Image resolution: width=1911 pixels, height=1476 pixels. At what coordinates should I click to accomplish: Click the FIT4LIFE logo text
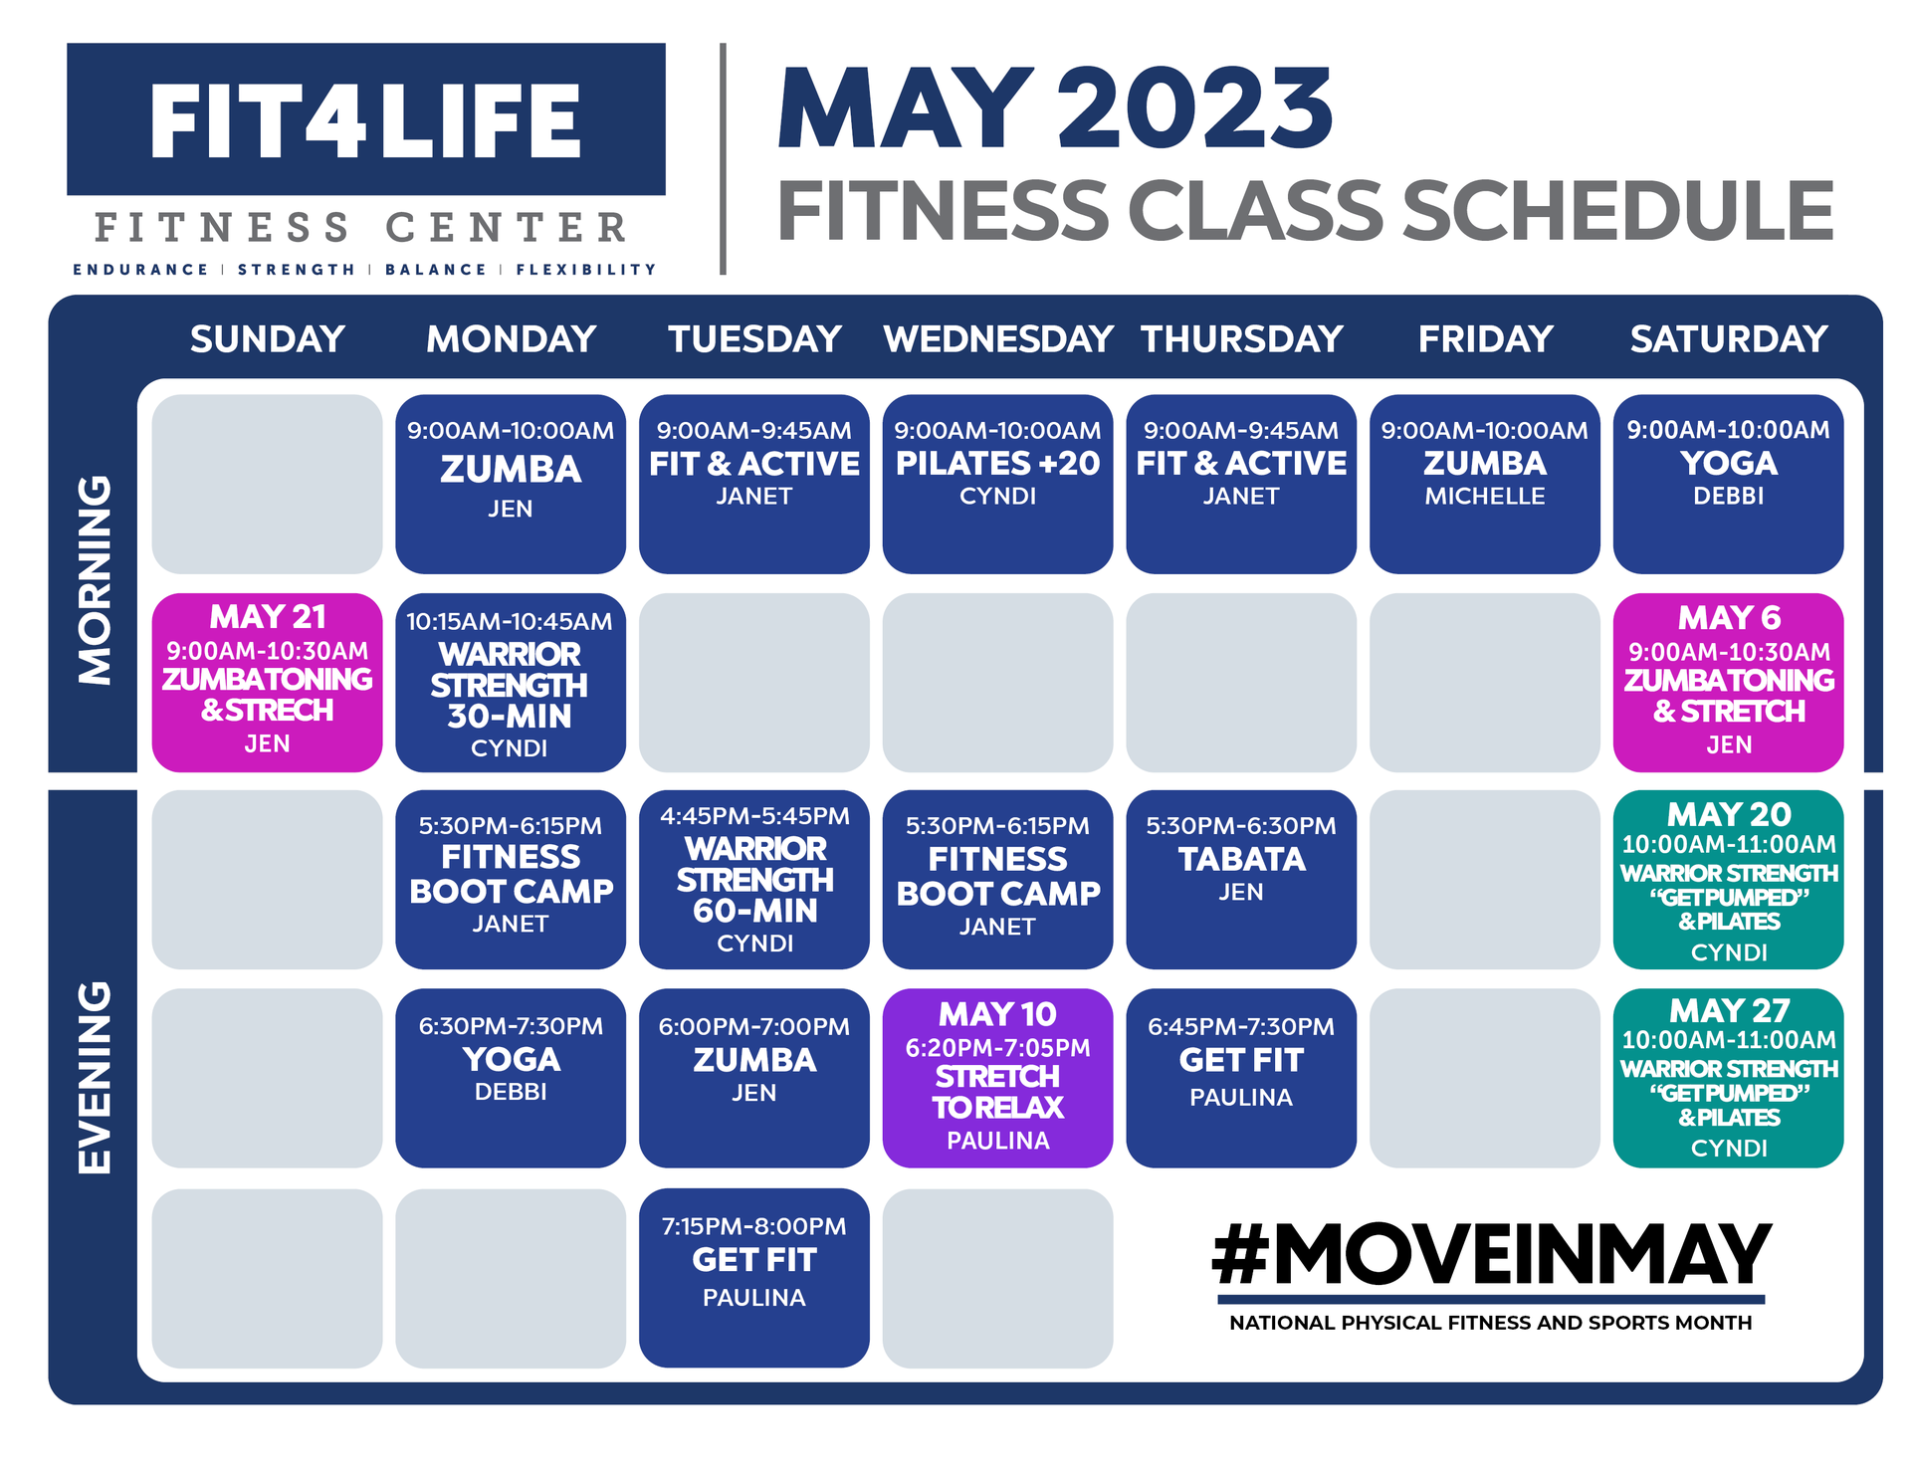click(365, 121)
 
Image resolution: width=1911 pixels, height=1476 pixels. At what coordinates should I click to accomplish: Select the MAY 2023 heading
click(1055, 108)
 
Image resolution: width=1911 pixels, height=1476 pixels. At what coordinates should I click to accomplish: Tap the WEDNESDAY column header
click(997, 339)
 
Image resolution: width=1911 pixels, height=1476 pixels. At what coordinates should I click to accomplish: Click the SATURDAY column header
click(1729, 339)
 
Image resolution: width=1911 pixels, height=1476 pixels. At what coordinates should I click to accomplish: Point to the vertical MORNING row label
click(96, 580)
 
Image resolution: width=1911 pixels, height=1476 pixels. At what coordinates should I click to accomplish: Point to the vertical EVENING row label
click(96, 1078)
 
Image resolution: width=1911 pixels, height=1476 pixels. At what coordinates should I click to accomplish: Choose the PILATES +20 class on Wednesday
click(997, 484)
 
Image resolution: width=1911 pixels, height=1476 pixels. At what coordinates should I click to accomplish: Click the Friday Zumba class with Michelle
click(1484, 484)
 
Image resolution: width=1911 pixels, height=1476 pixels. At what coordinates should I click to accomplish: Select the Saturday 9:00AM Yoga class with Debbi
click(1728, 484)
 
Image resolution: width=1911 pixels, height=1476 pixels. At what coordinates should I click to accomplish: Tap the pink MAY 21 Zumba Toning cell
click(267, 682)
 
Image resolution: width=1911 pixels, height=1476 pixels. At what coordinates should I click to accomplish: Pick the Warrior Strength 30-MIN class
click(511, 682)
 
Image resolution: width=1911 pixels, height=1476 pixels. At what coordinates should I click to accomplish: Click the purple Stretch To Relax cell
click(997, 1078)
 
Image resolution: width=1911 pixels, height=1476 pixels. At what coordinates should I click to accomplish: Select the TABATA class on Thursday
click(1241, 879)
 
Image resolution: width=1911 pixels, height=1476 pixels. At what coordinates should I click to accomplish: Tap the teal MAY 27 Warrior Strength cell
click(1728, 1078)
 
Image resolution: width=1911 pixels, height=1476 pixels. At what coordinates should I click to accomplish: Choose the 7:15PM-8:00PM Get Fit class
click(753, 1278)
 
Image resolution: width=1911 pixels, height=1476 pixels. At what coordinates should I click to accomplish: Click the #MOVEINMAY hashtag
click(1491, 1255)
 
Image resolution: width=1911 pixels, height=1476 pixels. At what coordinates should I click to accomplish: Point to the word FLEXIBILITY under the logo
click(586, 270)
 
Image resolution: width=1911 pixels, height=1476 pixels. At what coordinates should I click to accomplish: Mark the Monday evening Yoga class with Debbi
click(511, 1078)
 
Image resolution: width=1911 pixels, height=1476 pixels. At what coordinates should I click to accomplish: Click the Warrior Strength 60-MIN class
click(753, 879)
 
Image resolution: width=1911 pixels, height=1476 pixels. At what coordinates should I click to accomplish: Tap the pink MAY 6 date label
click(1729, 618)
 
